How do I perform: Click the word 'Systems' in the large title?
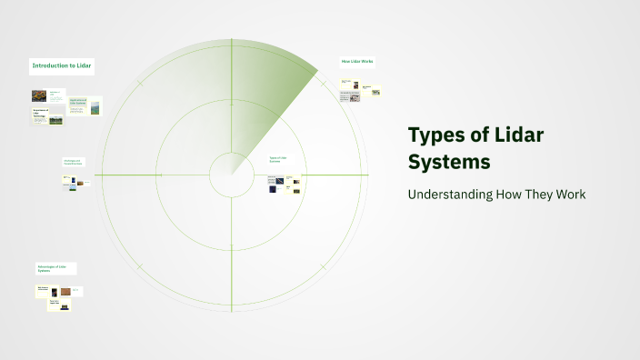[x=449, y=162]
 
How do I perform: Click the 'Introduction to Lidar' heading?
[x=62, y=65]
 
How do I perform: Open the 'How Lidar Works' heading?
[x=357, y=61]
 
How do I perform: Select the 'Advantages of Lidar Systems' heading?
[x=56, y=268]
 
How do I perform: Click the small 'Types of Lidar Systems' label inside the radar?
[x=278, y=160]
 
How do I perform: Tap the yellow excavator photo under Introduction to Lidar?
[x=39, y=95]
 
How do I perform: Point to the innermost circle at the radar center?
[x=231, y=175]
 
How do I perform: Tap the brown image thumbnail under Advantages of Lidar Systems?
[x=65, y=292]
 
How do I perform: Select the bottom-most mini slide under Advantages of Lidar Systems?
[x=59, y=305]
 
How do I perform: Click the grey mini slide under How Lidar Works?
[x=350, y=96]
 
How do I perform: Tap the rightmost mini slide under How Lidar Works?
[x=374, y=92]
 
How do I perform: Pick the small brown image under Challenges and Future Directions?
[x=81, y=181]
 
